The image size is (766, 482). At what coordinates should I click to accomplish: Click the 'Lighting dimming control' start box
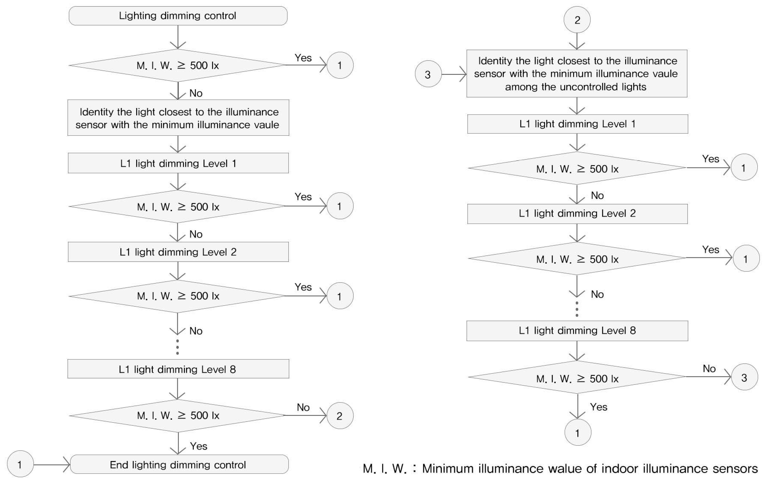(178, 16)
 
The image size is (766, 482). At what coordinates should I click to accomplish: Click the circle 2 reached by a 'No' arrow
(340, 415)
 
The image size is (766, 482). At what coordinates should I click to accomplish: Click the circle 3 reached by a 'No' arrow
(744, 377)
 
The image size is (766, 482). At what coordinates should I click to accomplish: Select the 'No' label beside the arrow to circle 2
(303, 407)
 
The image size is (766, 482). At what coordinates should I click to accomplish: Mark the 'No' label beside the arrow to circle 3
(709, 369)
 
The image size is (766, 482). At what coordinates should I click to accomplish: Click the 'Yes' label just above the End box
(199, 446)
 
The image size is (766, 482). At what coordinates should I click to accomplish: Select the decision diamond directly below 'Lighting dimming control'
(178, 65)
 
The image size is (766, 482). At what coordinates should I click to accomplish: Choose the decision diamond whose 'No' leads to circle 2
(178, 415)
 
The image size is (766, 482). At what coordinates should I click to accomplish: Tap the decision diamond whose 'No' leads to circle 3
(577, 377)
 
